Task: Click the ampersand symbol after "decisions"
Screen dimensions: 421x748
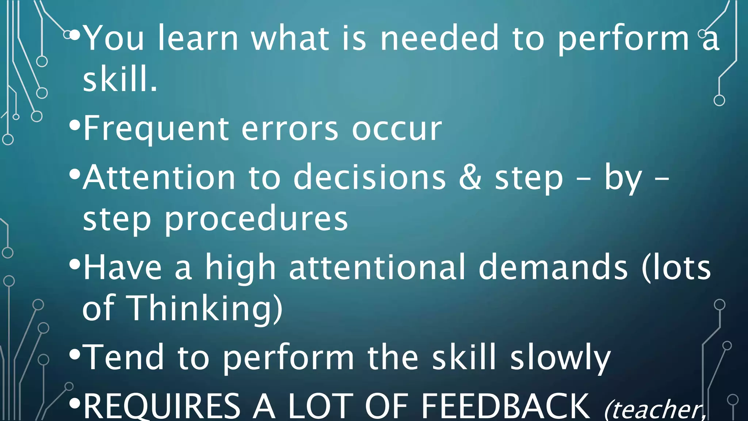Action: pyautogui.click(x=470, y=178)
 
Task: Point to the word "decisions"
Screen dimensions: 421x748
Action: pyautogui.click(x=369, y=178)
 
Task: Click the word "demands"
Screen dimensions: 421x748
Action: pyautogui.click(x=553, y=268)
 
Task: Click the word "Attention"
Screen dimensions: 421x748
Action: pyautogui.click(x=159, y=178)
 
